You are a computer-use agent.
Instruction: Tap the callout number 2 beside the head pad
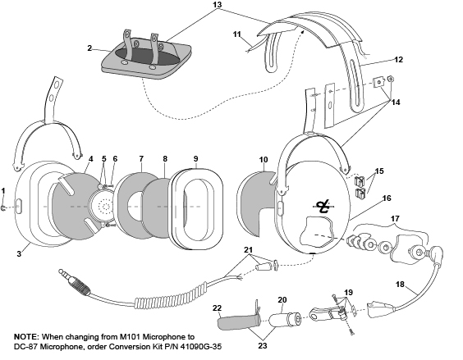tap(89, 48)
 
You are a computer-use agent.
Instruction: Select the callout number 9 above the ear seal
tap(195, 159)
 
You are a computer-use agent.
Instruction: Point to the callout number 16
tap(387, 198)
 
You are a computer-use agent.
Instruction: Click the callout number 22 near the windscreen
tap(217, 308)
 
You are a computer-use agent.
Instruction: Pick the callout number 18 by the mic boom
tap(400, 285)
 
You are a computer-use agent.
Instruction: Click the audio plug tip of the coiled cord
tap(61, 271)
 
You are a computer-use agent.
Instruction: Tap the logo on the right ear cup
tap(323, 207)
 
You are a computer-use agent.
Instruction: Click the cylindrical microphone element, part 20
tap(285, 319)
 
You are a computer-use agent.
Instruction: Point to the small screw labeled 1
tap(4, 208)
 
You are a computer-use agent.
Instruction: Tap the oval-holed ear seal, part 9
tap(197, 209)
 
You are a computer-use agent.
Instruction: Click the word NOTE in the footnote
tap(26, 337)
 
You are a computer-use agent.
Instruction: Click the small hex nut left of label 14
tap(390, 79)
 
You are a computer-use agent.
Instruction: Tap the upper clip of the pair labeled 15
tap(359, 180)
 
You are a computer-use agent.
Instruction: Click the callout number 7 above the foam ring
tap(141, 159)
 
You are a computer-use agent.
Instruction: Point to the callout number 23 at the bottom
tap(263, 346)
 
